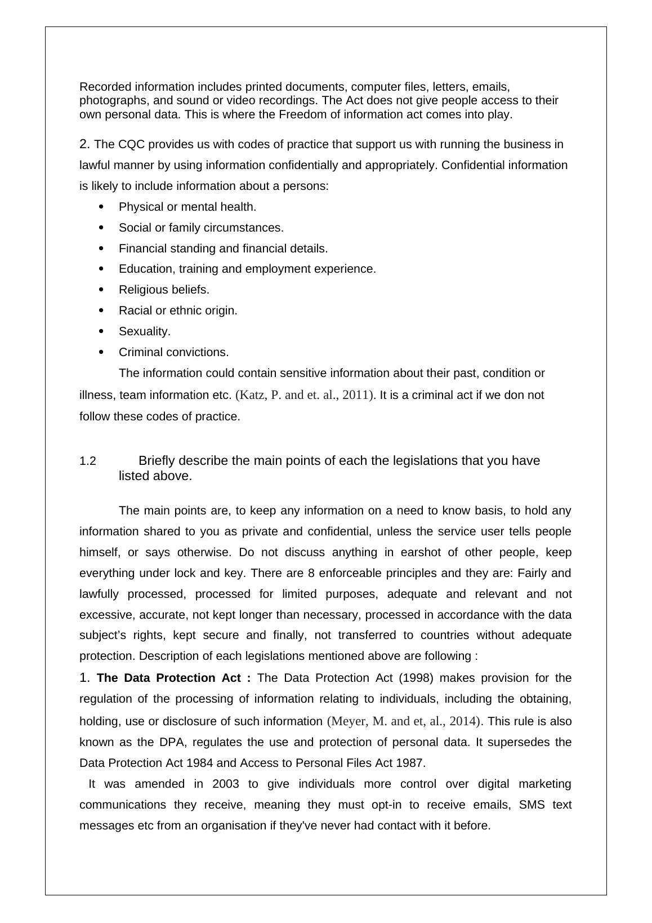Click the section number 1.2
(x=88, y=461)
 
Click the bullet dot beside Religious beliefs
(x=101, y=290)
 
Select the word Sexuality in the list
(x=144, y=331)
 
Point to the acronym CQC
(x=130, y=145)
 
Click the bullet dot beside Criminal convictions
(x=101, y=352)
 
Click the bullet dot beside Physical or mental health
(x=101, y=207)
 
